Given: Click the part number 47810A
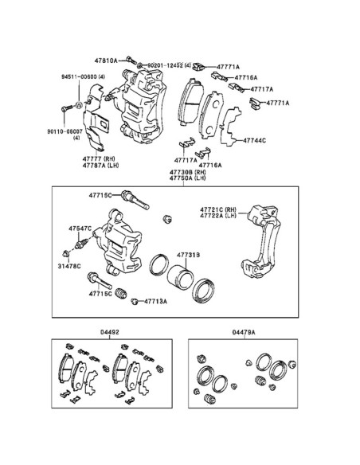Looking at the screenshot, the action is click(106, 61).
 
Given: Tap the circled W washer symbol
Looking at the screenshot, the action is click(79, 105).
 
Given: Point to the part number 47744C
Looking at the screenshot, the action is click(254, 140).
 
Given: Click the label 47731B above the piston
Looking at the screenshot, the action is click(188, 255).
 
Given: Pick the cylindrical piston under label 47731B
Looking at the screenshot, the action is click(181, 276).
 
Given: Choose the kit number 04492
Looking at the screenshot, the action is click(109, 332).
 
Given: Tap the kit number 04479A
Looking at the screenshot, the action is click(244, 332).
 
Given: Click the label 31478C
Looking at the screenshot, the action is click(69, 266).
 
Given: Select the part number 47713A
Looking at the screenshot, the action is click(155, 301).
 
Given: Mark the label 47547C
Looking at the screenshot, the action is click(80, 229).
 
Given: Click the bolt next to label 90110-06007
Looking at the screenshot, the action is click(67, 108).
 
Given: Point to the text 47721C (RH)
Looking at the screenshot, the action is click(218, 209).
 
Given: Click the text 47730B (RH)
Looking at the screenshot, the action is click(187, 172).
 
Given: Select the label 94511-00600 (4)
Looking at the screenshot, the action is click(84, 76).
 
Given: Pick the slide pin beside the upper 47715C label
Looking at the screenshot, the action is click(135, 200).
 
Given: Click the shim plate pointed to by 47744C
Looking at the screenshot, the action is click(230, 127).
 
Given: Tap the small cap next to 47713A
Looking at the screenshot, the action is click(135, 302).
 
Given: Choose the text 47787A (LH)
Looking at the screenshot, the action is click(100, 165).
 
